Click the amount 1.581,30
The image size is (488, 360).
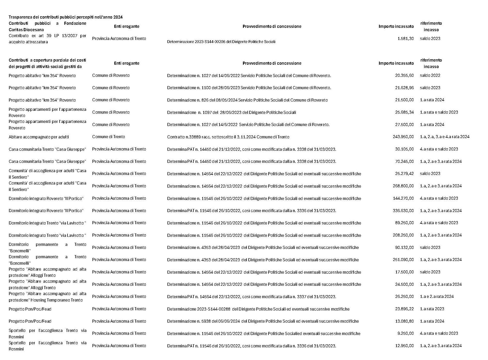pos(406,39)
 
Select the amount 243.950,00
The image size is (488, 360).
pos(403,137)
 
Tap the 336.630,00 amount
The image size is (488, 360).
pos(403,211)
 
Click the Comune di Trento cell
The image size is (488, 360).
pos(108,137)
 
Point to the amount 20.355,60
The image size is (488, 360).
pos(404,76)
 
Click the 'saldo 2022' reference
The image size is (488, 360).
pos(430,76)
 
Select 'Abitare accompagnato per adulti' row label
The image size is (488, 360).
pos(39,137)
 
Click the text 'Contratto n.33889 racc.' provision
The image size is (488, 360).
pos(228,137)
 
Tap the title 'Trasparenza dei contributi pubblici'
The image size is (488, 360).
pos(66,17)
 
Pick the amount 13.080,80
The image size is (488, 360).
pos(404,321)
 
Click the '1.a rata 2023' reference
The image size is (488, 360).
pos(432,309)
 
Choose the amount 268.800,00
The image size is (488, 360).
pos(403,186)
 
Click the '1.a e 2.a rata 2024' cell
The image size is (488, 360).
pos(437,297)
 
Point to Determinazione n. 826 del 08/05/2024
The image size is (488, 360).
pos(247,100)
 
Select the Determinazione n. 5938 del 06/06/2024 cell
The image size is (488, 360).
pos(263,321)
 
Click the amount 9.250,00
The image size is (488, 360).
pos(406,333)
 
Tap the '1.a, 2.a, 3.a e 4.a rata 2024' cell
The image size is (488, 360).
pos(444,137)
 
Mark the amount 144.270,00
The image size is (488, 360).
pos(403,198)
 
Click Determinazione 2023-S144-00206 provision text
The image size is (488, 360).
pos(221,42)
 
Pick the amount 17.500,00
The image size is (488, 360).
pos(404,272)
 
